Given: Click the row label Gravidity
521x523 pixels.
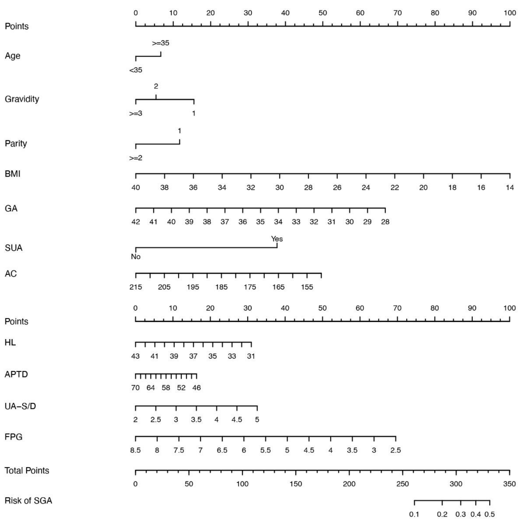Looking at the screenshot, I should [x=22, y=99].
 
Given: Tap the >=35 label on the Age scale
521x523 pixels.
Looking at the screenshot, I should [x=161, y=43].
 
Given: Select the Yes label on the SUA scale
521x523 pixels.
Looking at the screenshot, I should [x=277, y=239].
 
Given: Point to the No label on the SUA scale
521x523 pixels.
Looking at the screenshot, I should [x=136, y=257].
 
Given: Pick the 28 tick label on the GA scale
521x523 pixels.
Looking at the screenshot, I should [x=385, y=222].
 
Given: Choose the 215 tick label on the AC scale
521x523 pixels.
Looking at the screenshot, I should [x=136, y=287].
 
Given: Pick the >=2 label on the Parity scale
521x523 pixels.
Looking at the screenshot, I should [x=136, y=158].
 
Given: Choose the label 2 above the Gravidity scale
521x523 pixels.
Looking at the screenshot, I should [x=156, y=86].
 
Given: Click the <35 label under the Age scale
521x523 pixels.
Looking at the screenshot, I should [x=136, y=70].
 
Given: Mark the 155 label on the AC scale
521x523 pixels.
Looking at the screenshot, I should [x=307, y=287].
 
